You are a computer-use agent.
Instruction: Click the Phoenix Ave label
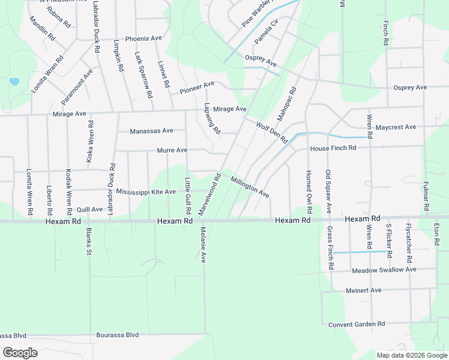(x=143, y=38)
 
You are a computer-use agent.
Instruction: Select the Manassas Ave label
(x=151, y=130)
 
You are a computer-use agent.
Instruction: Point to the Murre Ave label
(x=172, y=150)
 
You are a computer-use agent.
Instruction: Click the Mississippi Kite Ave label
(x=146, y=192)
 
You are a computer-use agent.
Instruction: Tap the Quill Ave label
(x=90, y=209)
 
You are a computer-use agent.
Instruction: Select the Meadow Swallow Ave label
(x=384, y=270)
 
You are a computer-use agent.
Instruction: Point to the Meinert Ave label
(x=363, y=290)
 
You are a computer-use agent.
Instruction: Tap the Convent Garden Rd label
(x=357, y=324)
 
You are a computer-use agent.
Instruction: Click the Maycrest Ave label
(x=396, y=127)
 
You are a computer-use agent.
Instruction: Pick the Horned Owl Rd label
(x=309, y=192)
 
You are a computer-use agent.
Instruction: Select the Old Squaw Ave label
(x=328, y=192)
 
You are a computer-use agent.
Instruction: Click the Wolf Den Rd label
(x=272, y=133)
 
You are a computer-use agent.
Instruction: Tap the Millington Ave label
(x=250, y=187)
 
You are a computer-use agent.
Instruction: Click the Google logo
(x=20, y=353)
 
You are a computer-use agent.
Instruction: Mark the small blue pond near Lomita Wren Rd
(x=14, y=81)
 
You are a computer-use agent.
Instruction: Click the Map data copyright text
(x=412, y=355)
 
